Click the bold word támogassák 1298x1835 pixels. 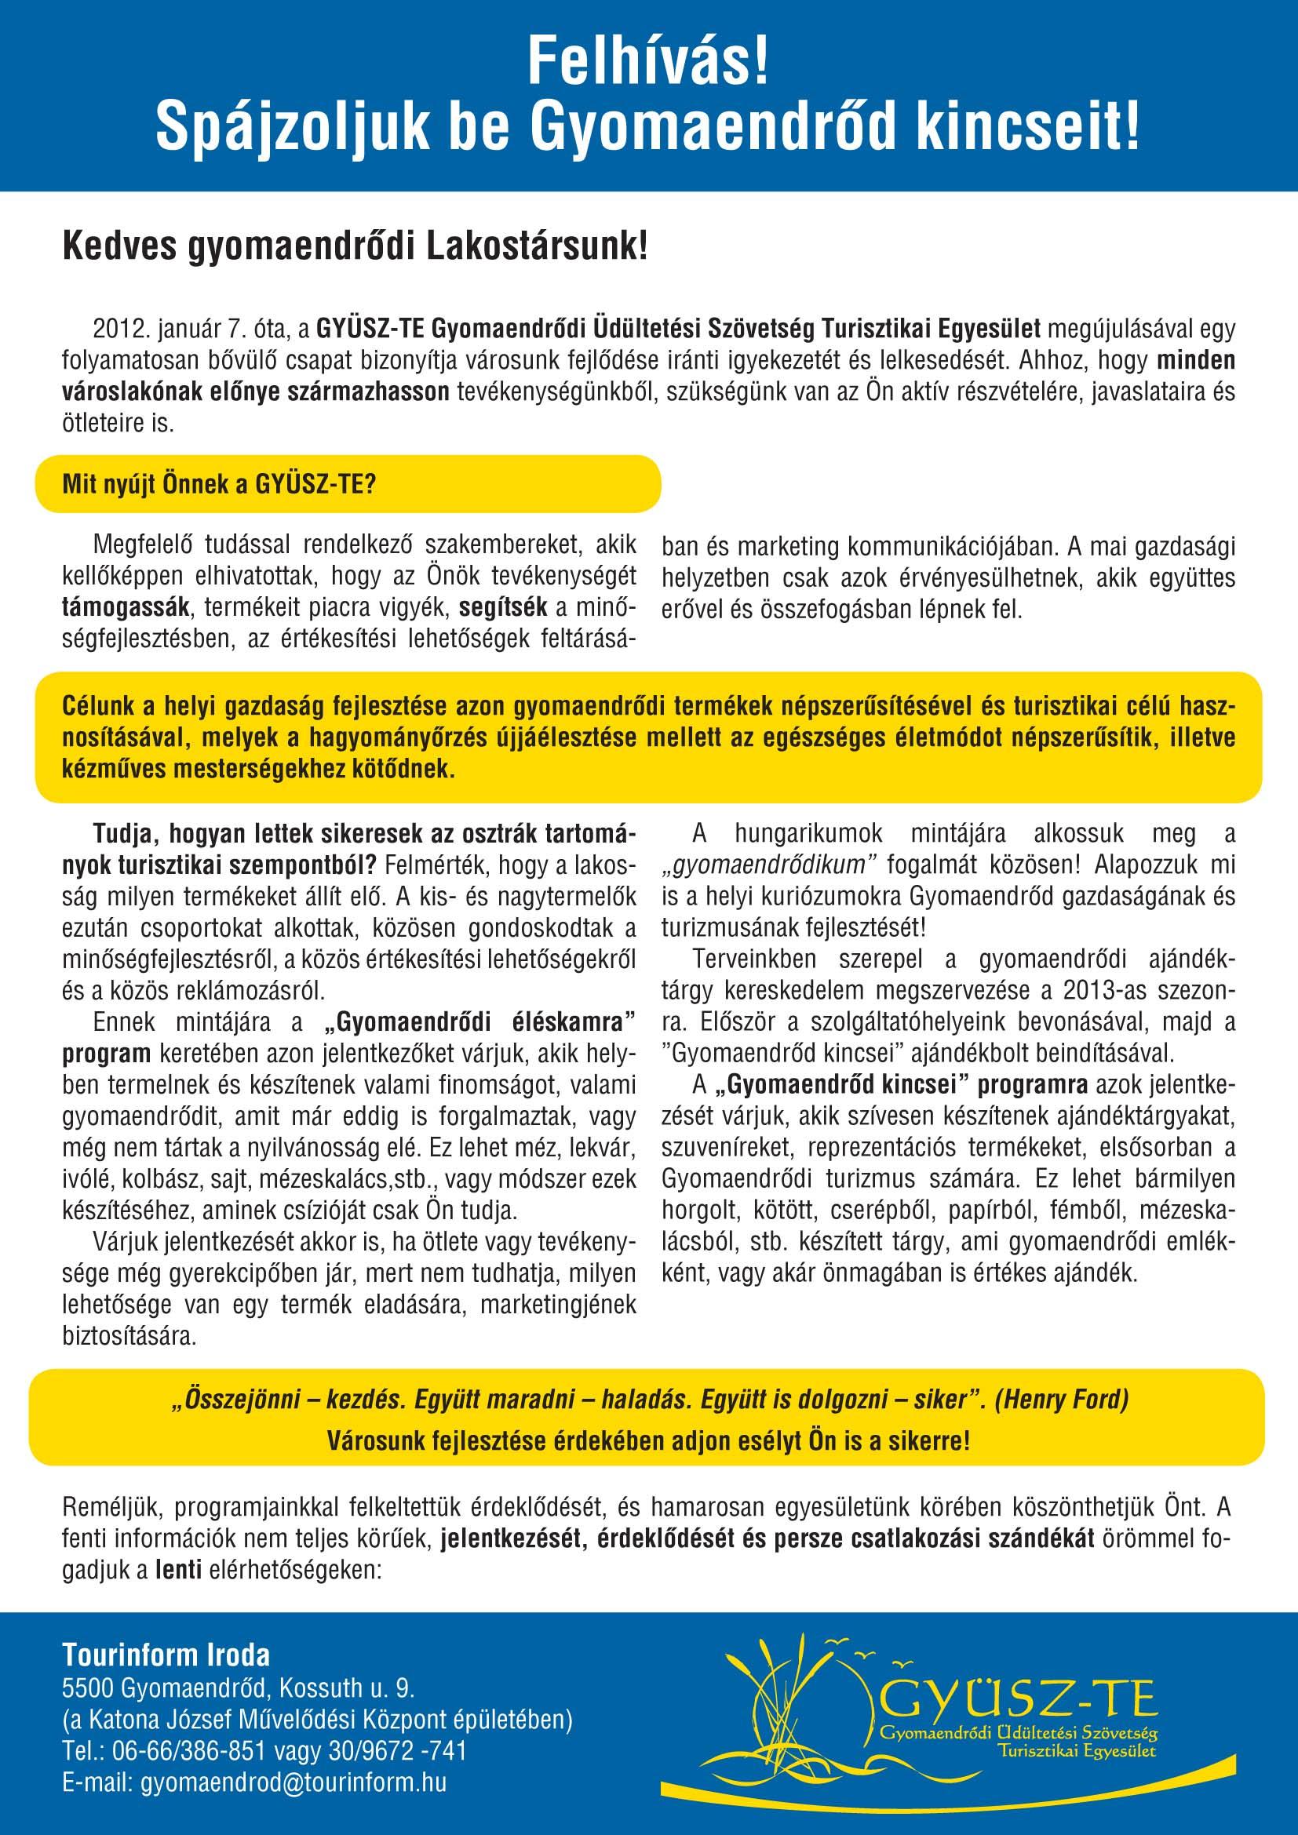click(x=126, y=608)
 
